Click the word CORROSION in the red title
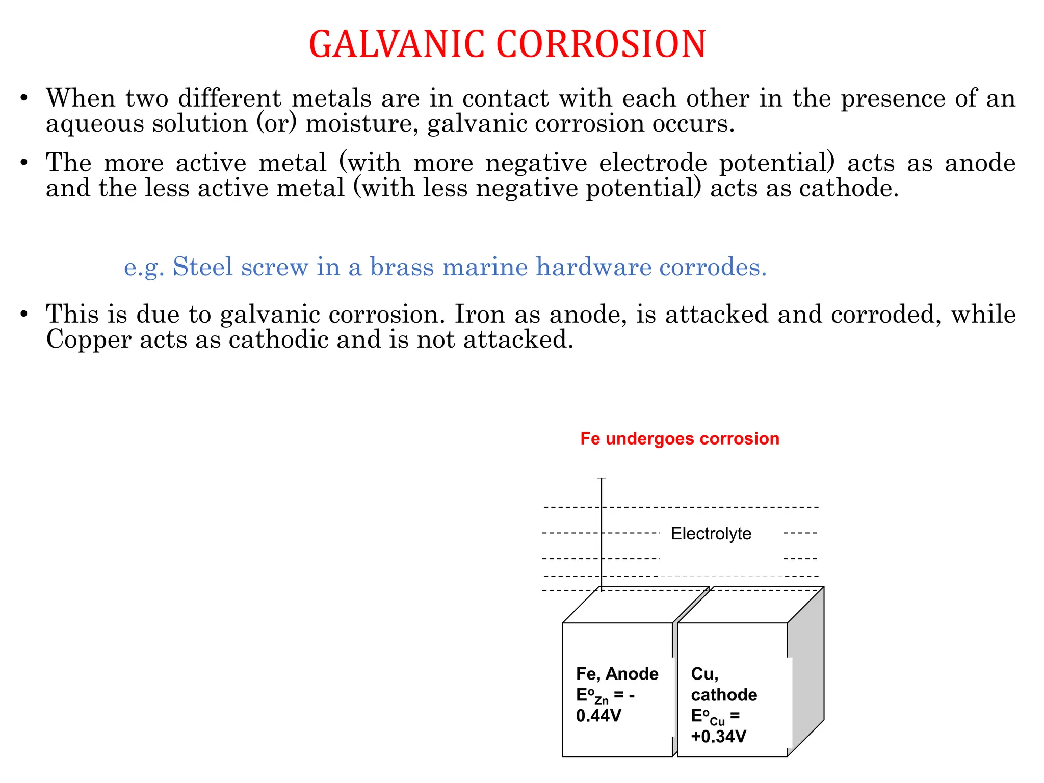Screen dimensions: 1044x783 tap(601, 44)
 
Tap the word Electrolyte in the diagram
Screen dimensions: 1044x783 tap(711, 534)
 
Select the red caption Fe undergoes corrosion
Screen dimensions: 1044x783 tap(680, 439)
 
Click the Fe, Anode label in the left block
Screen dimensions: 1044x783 tap(617, 674)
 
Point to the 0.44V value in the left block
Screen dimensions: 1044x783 tap(598, 716)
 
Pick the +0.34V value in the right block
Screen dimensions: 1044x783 tap(719, 737)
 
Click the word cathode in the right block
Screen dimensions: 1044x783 tap(724, 695)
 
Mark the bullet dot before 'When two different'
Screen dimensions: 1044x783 tap(24, 98)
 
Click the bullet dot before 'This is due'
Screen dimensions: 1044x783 tap(24, 315)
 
